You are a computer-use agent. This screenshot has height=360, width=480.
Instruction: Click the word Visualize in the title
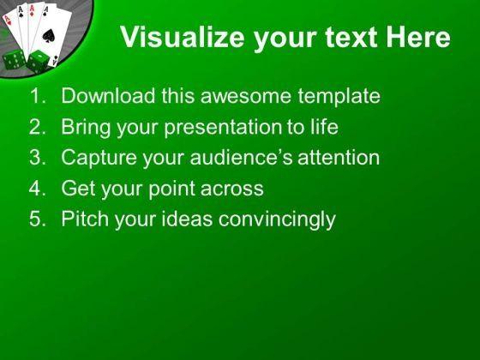click(x=182, y=37)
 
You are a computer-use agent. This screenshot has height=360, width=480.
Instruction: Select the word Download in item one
click(x=108, y=95)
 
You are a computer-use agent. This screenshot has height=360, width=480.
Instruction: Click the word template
click(x=339, y=97)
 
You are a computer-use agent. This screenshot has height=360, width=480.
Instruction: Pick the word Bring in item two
click(x=86, y=128)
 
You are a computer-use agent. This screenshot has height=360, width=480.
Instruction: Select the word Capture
click(x=99, y=159)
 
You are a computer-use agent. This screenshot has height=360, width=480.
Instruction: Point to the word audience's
click(x=241, y=158)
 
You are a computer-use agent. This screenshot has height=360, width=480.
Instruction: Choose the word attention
click(x=339, y=158)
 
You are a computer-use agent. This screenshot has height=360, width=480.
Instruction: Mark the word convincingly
click(x=277, y=219)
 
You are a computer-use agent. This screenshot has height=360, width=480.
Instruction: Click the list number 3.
click(x=37, y=158)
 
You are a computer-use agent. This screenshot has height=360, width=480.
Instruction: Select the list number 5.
click(x=37, y=219)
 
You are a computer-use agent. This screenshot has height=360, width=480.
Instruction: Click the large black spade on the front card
click(x=48, y=36)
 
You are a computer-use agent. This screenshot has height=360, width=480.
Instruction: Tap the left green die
click(x=14, y=59)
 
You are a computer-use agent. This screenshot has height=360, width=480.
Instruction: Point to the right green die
click(x=38, y=62)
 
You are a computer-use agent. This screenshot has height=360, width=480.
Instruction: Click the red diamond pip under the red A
click(x=32, y=14)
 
